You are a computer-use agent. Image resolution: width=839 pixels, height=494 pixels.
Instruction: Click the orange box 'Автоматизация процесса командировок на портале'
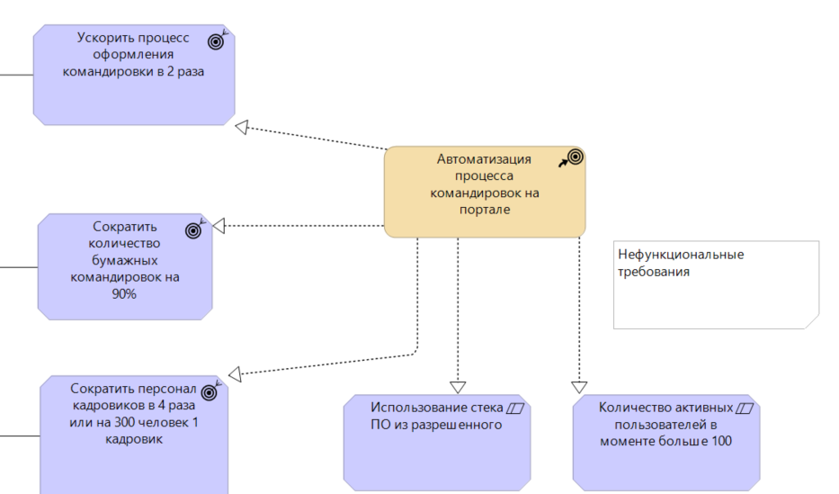484,193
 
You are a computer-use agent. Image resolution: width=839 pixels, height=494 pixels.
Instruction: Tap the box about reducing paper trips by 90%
125,265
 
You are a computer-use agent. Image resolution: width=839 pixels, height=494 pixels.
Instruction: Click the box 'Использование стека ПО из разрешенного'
437,442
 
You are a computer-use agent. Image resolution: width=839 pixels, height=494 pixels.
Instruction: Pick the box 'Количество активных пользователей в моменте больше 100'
665,442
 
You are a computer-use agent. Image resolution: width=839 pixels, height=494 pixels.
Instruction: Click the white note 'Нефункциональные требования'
716,284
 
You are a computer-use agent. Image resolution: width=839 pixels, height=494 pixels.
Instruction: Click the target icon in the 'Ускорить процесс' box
216,40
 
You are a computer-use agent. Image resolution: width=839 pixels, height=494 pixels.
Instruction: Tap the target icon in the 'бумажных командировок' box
193,229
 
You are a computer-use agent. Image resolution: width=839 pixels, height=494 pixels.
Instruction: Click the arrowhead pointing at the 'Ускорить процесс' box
241,126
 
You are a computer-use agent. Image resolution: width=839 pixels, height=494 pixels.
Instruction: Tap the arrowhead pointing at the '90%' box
219,226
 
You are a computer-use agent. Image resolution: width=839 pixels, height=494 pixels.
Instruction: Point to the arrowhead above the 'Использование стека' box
458,387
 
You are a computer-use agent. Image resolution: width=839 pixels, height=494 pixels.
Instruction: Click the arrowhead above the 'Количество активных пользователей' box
578,387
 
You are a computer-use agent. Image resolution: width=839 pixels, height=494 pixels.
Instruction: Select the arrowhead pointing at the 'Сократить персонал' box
234,373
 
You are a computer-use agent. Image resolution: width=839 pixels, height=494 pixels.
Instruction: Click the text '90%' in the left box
124,293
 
